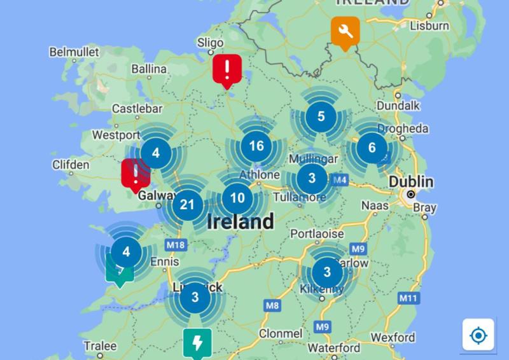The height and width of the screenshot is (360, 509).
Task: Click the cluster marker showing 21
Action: pos(187,205)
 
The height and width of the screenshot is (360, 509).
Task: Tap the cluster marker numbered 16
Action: pos(256,146)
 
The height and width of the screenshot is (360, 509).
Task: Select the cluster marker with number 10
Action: pos(237,198)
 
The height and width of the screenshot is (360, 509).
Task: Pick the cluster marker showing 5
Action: pos(321,116)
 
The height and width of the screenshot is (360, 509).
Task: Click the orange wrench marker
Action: pos(345,31)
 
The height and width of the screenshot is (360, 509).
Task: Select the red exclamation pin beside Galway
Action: pos(135,173)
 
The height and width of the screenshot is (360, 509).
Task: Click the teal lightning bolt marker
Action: pos(197,342)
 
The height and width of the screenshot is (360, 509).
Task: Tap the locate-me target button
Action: pos(478,335)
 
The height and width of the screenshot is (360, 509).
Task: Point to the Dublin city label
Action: pos(411,182)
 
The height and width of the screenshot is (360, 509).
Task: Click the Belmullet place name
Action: pos(74,52)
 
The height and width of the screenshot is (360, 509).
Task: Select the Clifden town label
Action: pos(71,165)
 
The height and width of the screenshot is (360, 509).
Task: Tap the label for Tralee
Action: pos(101,346)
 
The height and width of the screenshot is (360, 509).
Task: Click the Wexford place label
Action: pos(393,337)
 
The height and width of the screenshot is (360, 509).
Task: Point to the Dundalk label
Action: pos(398,105)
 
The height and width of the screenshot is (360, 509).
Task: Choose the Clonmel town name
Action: pos(281,333)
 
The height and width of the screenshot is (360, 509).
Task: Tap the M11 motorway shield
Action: pos(407,297)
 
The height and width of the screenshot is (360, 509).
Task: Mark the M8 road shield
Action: pos(272,306)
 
